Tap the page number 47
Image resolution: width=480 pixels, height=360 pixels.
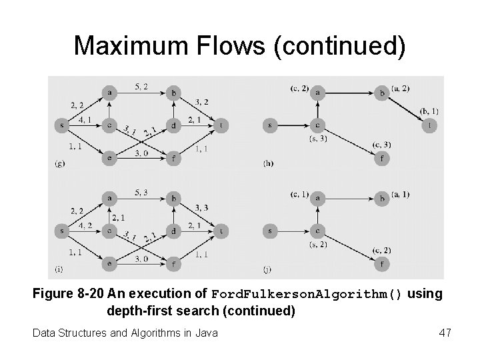coord(445,331)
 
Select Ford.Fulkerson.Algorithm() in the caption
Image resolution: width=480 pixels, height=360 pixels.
coord(307,295)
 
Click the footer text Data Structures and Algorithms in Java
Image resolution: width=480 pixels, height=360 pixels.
coord(125,331)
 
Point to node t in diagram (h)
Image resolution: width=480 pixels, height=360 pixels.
coord(431,125)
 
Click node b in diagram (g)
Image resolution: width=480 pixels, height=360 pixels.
coord(174,93)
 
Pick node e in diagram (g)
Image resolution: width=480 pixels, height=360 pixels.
coord(109,158)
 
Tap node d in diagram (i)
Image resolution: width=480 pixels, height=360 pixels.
coord(174,231)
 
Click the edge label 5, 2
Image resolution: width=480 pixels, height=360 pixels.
coord(141,86)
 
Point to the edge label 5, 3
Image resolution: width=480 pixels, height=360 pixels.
coord(141,193)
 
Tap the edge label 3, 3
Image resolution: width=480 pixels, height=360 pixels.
coord(202,207)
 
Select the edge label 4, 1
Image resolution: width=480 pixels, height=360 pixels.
coord(85,121)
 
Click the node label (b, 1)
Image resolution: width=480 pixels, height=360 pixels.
coord(429,111)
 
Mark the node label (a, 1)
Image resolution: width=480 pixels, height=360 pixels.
coord(401,194)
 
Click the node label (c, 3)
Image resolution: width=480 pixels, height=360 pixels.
coord(381,144)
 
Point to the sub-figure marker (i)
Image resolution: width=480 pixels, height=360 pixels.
coord(59,269)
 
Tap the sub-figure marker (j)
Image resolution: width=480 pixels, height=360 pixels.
coord(268,269)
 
